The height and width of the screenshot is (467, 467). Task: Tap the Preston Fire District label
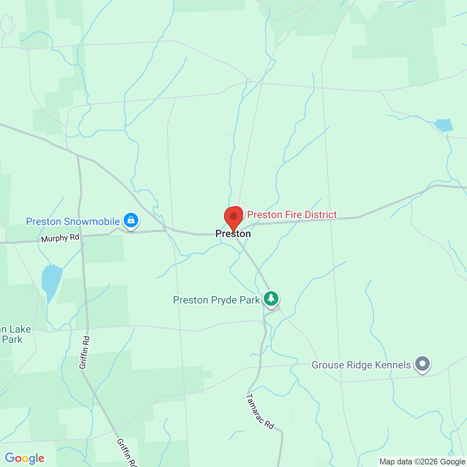pyautogui.click(x=292, y=215)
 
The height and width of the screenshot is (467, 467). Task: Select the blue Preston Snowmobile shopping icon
pyautogui.click(x=131, y=220)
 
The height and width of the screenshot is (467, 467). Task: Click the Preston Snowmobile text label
pyautogui.click(x=73, y=221)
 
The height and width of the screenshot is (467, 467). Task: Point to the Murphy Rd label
pyautogui.click(x=60, y=238)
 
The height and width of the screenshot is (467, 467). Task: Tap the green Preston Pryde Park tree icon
pyautogui.click(x=271, y=299)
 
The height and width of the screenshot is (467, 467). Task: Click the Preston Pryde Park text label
pyautogui.click(x=216, y=300)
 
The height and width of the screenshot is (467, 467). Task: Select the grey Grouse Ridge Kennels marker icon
pyautogui.click(x=422, y=364)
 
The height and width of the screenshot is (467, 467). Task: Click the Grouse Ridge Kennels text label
pyautogui.click(x=361, y=365)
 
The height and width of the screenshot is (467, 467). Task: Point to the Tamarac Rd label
pyautogui.click(x=260, y=411)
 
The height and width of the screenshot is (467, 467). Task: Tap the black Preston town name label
pyautogui.click(x=233, y=234)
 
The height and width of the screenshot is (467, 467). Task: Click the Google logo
pyautogui.click(x=25, y=458)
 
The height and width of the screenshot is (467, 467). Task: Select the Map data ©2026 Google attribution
pyautogui.click(x=422, y=462)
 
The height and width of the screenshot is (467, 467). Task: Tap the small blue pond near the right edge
pyautogui.click(x=444, y=125)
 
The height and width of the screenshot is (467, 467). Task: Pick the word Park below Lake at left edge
pyautogui.click(x=12, y=340)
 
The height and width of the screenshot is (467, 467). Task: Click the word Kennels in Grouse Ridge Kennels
pyautogui.click(x=392, y=365)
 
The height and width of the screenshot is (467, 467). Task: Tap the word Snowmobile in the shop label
pyautogui.click(x=92, y=221)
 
